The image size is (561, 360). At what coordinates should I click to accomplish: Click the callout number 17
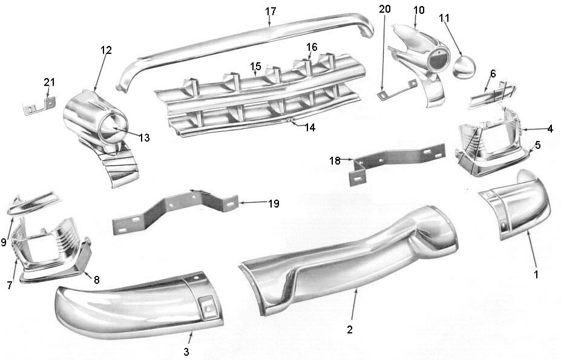pos(271,11)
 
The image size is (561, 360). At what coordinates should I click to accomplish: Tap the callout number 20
pos(385,9)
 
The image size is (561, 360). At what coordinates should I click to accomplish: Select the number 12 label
pos(107,51)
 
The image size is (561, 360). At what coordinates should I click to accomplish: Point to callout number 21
pos(49,82)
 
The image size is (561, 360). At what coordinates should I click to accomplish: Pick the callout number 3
pos(186,352)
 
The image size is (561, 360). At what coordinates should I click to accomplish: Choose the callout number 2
pos(350,329)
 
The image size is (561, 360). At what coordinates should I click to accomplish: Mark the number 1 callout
pos(535,274)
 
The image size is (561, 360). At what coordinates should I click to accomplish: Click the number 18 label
pos(335,160)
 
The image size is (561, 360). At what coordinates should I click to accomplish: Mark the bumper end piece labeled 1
pos(520,206)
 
